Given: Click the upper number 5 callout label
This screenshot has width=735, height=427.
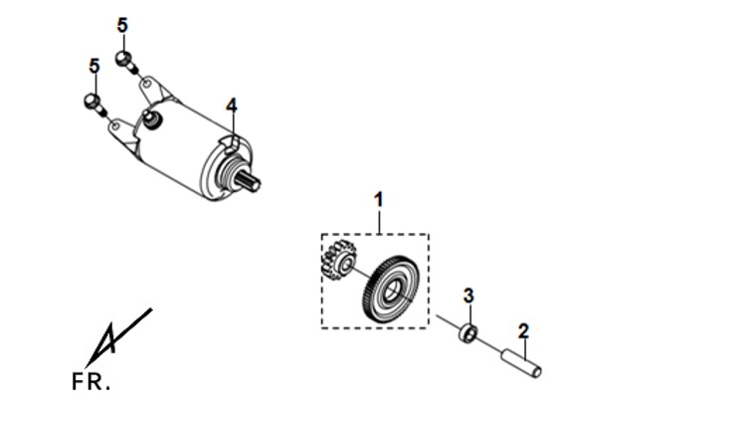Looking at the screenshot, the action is click(122, 25).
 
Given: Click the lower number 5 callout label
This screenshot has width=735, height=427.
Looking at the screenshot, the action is click(94, 66).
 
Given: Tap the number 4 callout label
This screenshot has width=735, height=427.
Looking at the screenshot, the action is click(232, 107).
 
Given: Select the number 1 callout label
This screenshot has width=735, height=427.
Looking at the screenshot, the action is click(379, 200).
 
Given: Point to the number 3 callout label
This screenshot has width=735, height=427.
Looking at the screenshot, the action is click(468, 296).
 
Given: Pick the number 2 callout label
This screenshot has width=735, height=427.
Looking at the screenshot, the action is click(523, 331).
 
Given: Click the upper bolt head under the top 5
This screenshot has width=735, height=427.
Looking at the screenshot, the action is click(123, 59).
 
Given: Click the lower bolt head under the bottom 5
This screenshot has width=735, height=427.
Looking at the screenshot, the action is click(92, 101).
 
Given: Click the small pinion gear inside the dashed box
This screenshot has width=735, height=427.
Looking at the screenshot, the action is click(337, 261).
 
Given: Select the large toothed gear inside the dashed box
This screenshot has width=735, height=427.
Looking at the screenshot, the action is click(391, 290).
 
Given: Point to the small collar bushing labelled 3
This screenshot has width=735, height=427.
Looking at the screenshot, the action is click(467, 332).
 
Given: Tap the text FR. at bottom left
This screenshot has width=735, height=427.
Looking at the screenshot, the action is click(91, 382).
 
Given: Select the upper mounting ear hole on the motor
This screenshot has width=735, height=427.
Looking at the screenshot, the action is click(147, 85).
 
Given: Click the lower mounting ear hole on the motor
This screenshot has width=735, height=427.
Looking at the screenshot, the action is click(114, 125).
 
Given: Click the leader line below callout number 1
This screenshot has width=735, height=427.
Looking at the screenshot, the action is click(379, 221).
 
